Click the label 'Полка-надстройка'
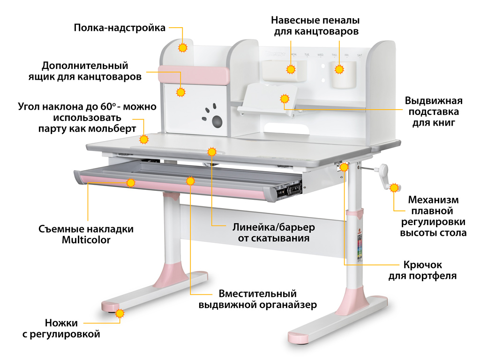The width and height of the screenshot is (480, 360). tap(120, 28)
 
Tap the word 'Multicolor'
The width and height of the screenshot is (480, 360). tap(86, 240)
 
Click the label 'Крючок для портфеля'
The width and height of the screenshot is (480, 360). tap(422, 270)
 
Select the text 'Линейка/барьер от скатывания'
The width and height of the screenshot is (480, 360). tap(274, 232)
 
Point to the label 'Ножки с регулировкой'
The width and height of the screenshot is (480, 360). tap(61, 329)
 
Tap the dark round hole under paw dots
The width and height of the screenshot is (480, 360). tap(217, 122)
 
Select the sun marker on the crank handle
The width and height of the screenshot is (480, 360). tap(395, 187)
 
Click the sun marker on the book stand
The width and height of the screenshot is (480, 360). tap(284, 99)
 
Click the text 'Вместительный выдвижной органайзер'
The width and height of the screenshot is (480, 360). tap(257, 299)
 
